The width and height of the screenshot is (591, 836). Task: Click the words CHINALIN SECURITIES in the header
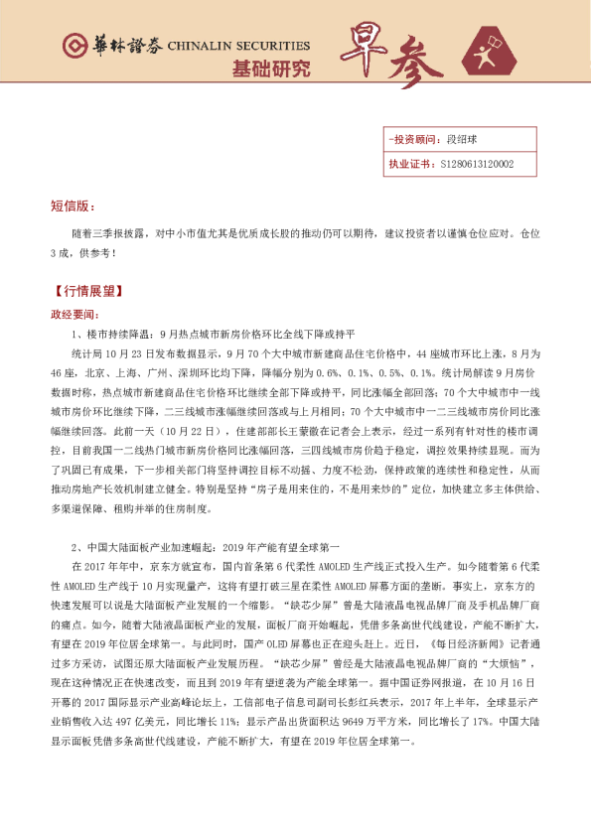pyautogui.click(x=239, y=46)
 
